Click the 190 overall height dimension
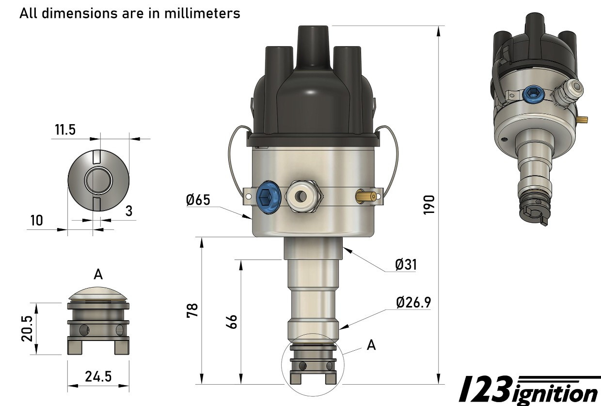click(428, 205)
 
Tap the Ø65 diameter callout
click(198, 200)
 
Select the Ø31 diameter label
click(406, 264)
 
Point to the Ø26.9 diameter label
click(413, 302)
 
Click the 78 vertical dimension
click(192, 310)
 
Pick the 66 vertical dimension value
click(232, 322)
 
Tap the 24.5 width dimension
click(98, 376)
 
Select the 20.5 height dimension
click(27, 328)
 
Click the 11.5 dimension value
click(65, 130)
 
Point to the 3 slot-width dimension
click(129, 211)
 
